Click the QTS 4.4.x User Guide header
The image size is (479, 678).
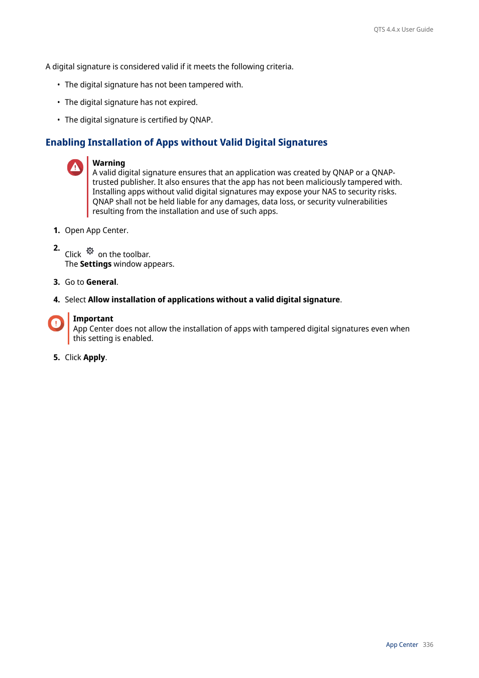tap(403, 30)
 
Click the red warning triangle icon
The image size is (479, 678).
tap(75, 167)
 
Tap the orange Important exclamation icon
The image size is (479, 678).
tap(56, 323)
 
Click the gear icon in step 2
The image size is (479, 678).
tap(90, 251)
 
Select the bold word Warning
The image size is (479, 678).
tap(108, 163)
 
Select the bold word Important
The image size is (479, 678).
tap(93, 319)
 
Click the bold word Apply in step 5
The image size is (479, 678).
tap(94, 358)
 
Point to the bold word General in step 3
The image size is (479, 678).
tap(101, 282)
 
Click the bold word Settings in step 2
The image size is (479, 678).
tap(95, 264)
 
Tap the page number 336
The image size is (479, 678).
tap(428, 645)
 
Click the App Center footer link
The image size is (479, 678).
tap(402, 645)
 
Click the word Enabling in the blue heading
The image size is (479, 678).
tap(65, 143)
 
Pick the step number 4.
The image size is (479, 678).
tap(56, 300)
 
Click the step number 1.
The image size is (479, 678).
tap(56, 231)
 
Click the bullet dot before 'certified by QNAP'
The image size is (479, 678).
tap(58, 120)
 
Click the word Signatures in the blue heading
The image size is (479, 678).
tap(302, 143)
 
